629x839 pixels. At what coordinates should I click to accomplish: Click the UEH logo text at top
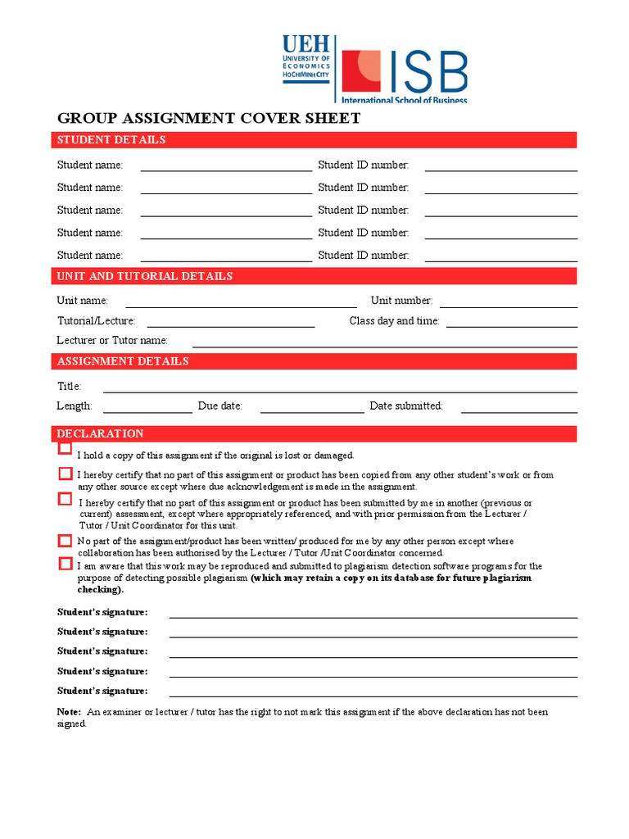pyautogui.click(x=305, y=45)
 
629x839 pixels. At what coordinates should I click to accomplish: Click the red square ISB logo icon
pyautogui.click(x=360, y=70)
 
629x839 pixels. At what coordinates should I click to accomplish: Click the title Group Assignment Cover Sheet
pyautogui.click(x=208, y=118)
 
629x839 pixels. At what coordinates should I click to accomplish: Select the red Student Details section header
pyautogui.click(x=314, y=140)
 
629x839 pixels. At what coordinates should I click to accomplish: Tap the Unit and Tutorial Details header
pyautogui.click(x=314, y=276)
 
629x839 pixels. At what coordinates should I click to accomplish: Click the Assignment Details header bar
pyautogui.click(x=314, y=361)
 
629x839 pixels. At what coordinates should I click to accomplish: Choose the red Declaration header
pyautogui.click(x=314, y=433)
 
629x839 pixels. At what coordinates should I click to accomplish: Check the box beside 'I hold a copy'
pyautogui.click(x=66, y=448)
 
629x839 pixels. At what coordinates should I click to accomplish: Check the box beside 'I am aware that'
pyautogui.click(x=66, y=564)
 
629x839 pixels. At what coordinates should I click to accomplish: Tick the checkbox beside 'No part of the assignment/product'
pyautogui.click(x=66, y=541)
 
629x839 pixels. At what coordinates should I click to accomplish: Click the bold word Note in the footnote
pyautogui.click(x=69, y=712)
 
